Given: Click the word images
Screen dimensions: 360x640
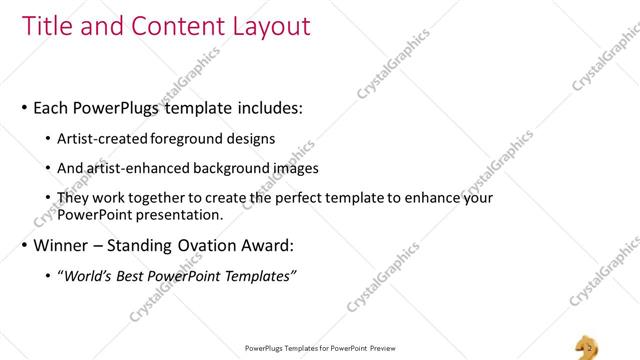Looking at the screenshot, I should point(290,168).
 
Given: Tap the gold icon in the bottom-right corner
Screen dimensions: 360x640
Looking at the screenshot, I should point(588,346).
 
